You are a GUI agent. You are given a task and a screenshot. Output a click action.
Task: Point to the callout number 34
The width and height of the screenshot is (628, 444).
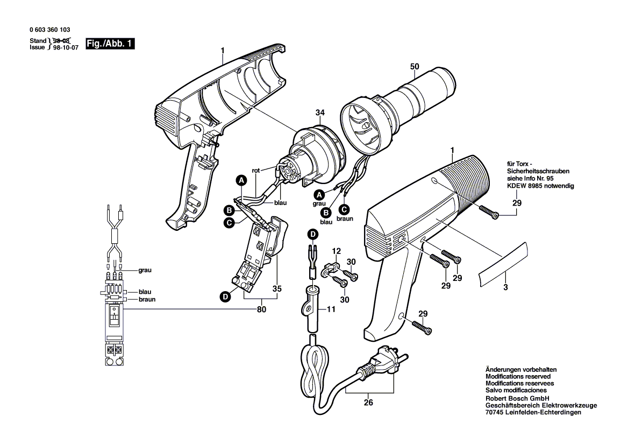coord(320,112)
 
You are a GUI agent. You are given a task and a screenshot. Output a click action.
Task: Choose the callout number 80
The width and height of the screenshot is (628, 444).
coord(262,309)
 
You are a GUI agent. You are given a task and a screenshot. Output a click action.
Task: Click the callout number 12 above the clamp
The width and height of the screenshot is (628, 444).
coord(336,251)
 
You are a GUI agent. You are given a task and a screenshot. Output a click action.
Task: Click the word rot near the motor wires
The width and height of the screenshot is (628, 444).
coord(256,170)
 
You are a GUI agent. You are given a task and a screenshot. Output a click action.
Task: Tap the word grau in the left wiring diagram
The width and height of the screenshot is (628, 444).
coord(145,270)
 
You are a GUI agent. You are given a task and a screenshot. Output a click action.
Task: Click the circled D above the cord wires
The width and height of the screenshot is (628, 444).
coord(312,234)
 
